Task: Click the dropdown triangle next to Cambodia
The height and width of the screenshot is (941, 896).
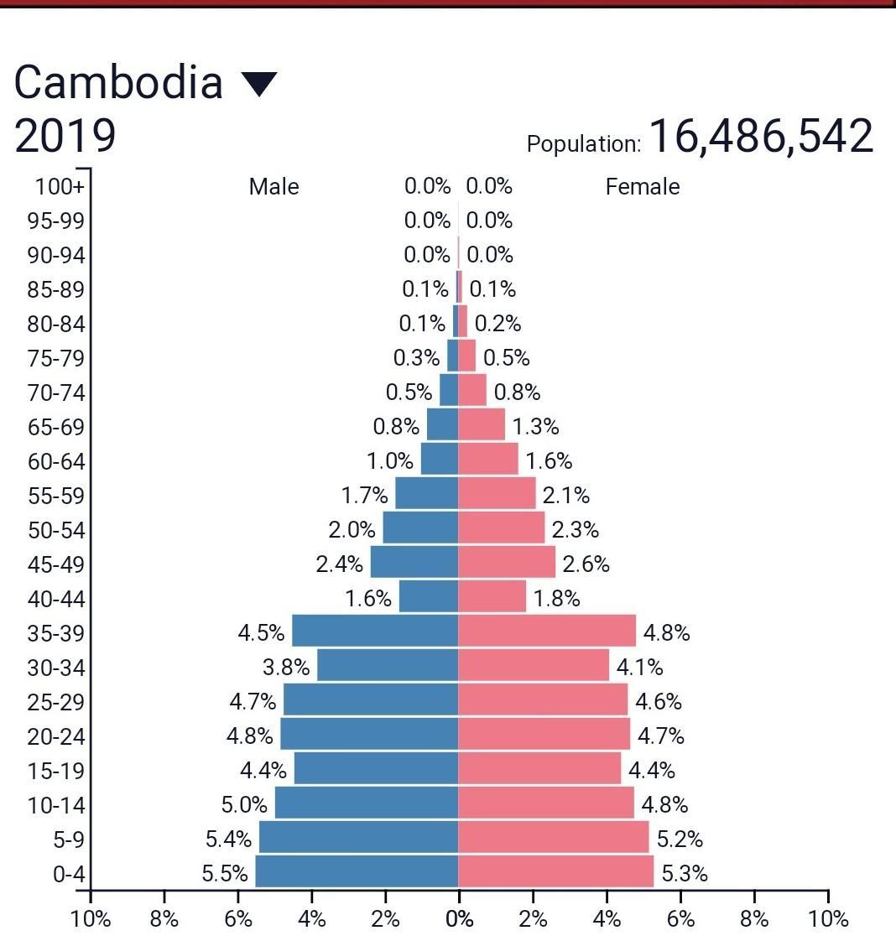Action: [x=258, y=84]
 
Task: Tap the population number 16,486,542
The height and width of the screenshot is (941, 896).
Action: [x=761, y=136]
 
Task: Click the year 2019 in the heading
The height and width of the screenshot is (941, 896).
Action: [x=65, y=137]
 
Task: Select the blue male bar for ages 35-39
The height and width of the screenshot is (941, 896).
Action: [x=374, y=631]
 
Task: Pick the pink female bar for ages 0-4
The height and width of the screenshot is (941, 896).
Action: [x=555, y=871]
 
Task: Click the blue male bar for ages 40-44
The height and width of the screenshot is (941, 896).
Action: [x=429, y=597]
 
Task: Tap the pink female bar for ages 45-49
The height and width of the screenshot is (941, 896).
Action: [x=507, y=562]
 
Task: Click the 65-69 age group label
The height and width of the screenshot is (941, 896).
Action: [x=56, y=427]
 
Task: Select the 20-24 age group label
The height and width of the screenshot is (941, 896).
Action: [x=56, y=736]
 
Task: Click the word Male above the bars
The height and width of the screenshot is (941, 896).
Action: [x=273, y=186]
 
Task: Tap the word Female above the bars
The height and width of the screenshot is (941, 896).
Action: [x=642, y=186]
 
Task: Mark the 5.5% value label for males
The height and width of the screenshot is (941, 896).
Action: [x=225, y=874]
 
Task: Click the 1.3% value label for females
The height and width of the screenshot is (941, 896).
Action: [x=535, y=427]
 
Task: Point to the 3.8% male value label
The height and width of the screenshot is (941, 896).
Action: [x=286, y=668]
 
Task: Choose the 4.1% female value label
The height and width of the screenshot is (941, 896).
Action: [x=639, y=668]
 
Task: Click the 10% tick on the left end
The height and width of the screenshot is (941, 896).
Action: [x=91, y=919]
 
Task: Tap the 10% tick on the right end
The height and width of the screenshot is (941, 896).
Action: [x=828, y=919]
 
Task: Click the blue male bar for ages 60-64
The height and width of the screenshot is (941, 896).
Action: [x=440, y=459]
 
